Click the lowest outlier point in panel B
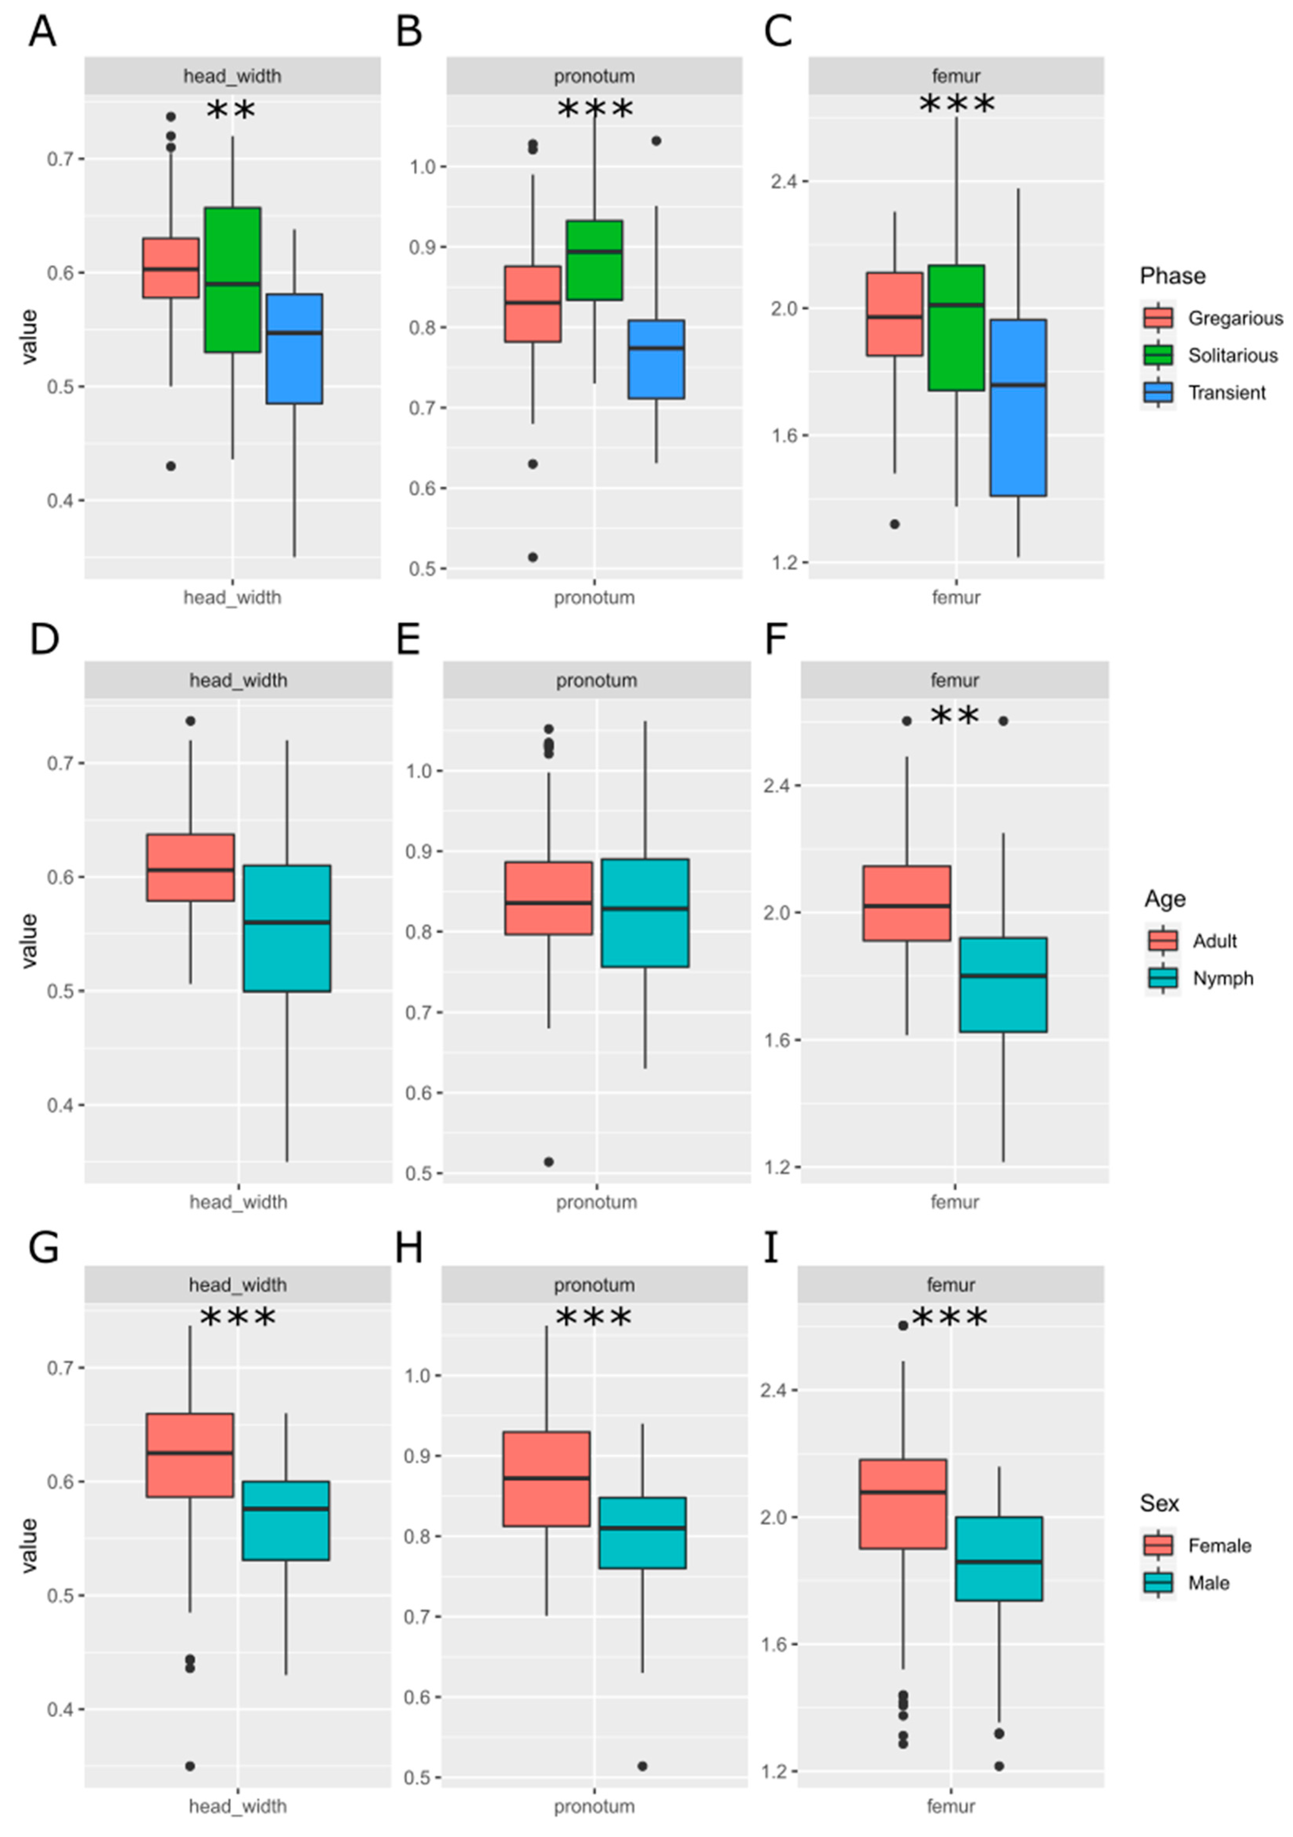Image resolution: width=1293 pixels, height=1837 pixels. click(533, 557)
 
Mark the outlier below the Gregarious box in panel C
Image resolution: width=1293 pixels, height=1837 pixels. click(894, 524)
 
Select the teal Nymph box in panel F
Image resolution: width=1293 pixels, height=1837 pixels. click(1003, 984)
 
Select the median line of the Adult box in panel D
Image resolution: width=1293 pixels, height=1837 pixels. click(190, 870)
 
